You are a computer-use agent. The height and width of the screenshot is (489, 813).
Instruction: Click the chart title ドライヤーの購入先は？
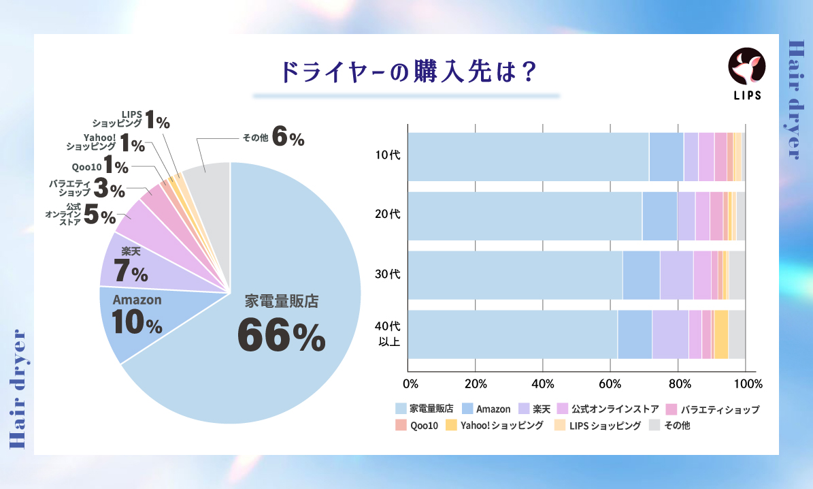click(407, 72)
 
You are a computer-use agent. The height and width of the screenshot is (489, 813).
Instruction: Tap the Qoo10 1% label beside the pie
click(99, 166)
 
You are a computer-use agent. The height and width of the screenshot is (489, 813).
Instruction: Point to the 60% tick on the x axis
click(610, 383)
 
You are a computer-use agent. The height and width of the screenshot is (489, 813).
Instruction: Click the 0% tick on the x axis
click(409, 383)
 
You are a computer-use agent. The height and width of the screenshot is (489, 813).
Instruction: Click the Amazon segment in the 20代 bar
click(659, 216)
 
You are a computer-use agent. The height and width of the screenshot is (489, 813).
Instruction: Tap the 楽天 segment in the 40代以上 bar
click(670, 334)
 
